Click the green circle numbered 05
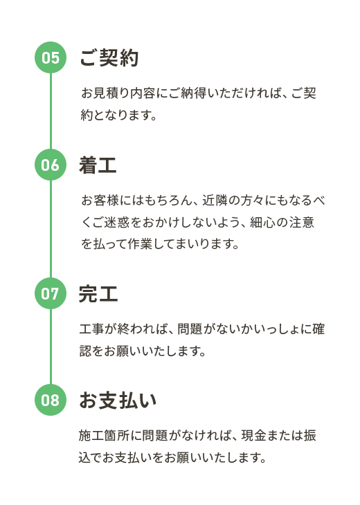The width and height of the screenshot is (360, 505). coord(51,57)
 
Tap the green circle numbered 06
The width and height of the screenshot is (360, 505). coord(51,165)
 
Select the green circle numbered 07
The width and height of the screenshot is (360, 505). coord(51,293)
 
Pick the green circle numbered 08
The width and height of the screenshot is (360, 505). coord(51,400)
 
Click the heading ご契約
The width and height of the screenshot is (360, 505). coord(109,57)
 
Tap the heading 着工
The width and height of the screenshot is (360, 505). coord(98,165)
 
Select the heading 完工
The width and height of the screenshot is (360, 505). coord(98,294)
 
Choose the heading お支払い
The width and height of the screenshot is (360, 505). coord(118,401)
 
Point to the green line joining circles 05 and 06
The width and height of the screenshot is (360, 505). coord(51,111)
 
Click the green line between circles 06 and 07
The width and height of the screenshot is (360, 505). coord(51,229)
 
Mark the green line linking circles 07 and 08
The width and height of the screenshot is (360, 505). coord(51,347)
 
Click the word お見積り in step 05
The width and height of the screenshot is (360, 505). coord(105,93)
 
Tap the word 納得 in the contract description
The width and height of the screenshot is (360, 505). coord(192,93)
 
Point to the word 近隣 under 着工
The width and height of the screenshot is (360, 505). coord(215,201)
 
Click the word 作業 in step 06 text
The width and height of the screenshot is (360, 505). coord(141,244)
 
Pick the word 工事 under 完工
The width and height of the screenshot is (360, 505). coord(91,329)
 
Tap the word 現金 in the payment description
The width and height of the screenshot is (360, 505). coord(253,435)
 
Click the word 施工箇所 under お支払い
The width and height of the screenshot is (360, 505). coord(104,435)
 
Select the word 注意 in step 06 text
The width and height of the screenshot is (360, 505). coord(302,222)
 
